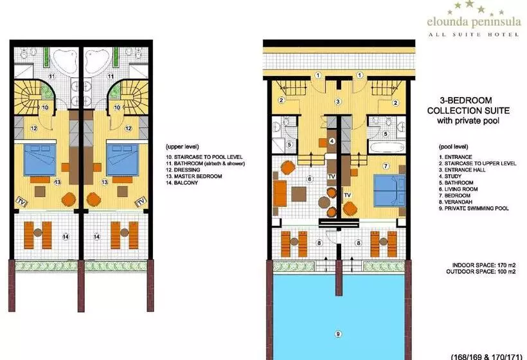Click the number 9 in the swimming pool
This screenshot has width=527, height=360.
338,334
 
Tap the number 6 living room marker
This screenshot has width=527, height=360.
310,179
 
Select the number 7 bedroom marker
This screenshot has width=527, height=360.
386,166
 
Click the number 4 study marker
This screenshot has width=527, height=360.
332,141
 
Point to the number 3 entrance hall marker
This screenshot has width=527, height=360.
338,101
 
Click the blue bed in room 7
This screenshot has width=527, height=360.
389,190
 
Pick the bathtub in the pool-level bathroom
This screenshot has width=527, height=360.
387,147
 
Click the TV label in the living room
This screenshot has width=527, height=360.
332,176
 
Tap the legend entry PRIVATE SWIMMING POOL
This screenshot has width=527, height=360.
474,208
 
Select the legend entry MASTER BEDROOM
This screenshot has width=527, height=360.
194,176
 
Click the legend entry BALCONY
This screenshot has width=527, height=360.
182,183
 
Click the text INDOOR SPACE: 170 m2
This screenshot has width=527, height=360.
484,265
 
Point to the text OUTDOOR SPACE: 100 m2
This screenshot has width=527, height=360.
481,271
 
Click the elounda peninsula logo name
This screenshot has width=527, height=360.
474,22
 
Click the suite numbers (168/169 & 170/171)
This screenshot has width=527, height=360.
487,356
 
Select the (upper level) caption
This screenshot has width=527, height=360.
182,147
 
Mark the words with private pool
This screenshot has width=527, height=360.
468,121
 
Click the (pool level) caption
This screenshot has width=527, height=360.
453,147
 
